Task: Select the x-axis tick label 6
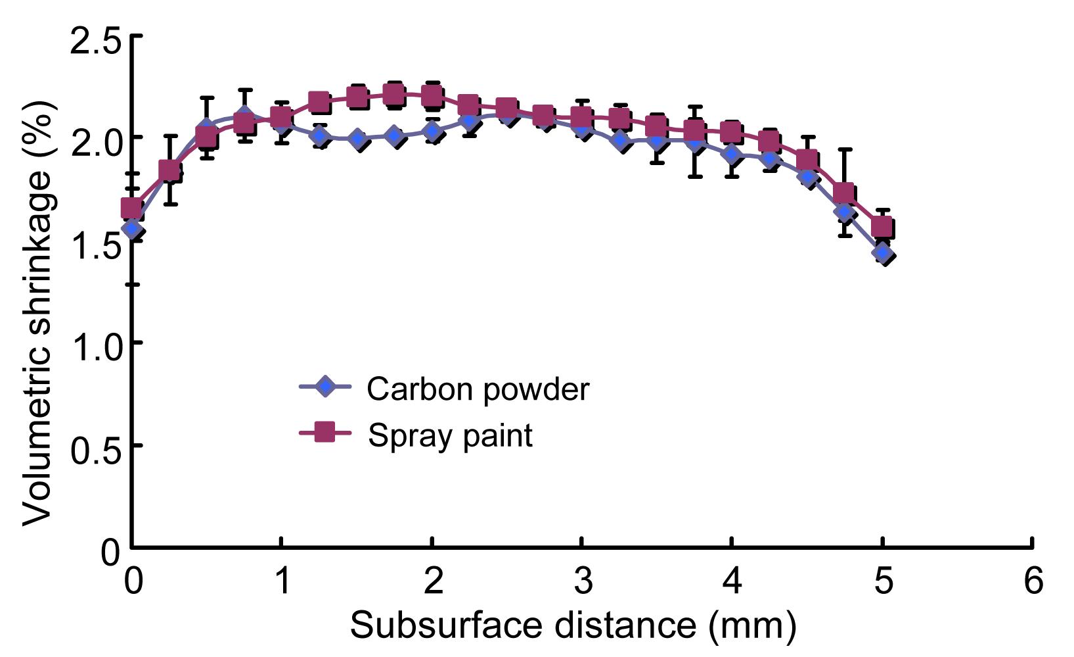tap(1033, 581)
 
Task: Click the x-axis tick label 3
tap(582, 581)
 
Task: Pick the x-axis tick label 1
tap(282, 581)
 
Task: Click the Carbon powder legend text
tap(478, 389)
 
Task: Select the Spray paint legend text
tap(450, 435)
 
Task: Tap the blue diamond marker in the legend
tap(324, 387)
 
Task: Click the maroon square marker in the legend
tap(324, 433)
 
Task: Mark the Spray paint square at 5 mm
tap(882, 228)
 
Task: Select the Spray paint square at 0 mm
tap(132, 208)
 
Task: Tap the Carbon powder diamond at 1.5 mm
tap(358, 139)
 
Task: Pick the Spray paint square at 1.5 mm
tap(357, 98)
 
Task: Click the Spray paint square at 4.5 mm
tap(807, 160)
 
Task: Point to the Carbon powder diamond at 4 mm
tap(733, 155)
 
